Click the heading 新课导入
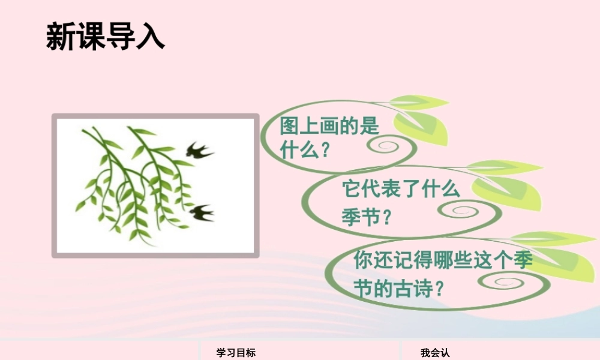pyautogui.click(x=105, y=36)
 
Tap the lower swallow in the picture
pyautogui.click(x=201, y=212)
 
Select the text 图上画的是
pyautogui.click(x=329, y=127)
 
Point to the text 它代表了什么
pyautogui.click(x=400, y=190)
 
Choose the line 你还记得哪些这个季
pyautogui.click(x=443, y=260)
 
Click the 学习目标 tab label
pyautogui.click(x=236, y=353)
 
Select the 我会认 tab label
pyautogui.click(x=435, y=353)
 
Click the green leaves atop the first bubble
pyautogui.click(x=420, y=117)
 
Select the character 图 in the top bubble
pyautogui.click(x=290, y=127)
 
